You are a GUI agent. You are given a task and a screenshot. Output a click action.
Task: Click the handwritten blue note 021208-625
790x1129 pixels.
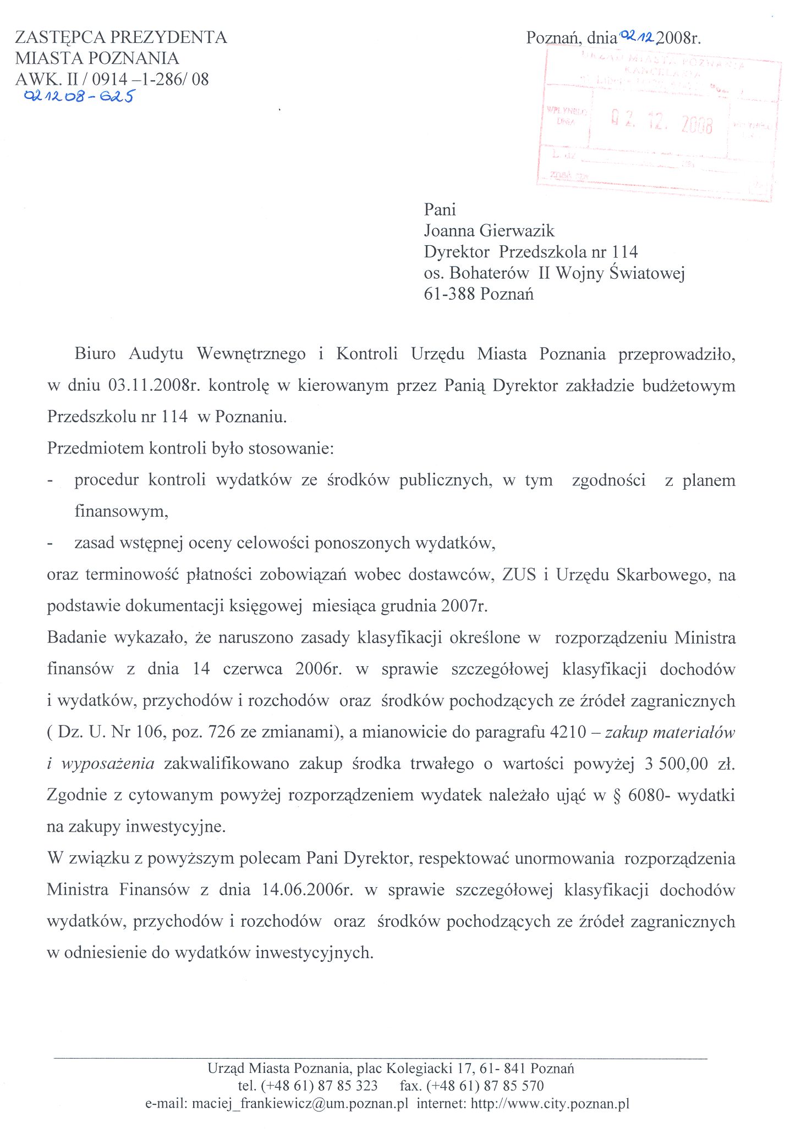coord(78,97)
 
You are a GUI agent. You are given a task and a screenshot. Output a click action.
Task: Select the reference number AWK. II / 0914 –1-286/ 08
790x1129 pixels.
coord(112,79)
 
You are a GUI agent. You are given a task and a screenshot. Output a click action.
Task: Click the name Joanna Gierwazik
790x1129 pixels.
coord(489,230)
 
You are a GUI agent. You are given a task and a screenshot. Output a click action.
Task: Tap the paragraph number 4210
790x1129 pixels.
coord(568,732)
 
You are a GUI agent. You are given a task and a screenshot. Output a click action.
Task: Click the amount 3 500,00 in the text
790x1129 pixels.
coord(672,764)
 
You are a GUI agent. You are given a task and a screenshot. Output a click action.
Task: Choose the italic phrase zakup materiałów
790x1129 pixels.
coord(670,732)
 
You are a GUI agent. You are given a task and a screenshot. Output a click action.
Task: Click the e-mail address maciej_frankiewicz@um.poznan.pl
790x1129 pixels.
coord(300,1104)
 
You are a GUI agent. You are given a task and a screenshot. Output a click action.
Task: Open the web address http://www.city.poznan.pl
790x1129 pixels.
coord(550,1104)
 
